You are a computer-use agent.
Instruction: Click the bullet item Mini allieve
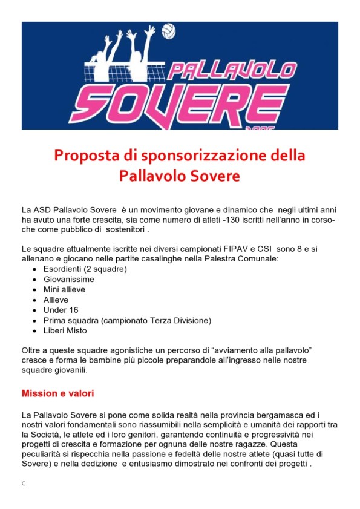coord(64,290)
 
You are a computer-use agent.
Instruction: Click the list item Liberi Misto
coord(65,330)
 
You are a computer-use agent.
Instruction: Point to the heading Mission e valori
coord(57,393)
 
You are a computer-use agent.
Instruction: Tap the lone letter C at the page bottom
coord(23,484)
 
